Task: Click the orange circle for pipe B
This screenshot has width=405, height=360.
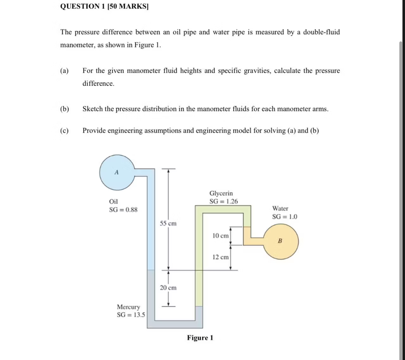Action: (281, 241)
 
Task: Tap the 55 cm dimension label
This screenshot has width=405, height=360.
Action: (168, 223)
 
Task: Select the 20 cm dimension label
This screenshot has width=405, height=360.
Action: (168, 288)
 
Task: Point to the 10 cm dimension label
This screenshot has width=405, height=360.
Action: (220, 236)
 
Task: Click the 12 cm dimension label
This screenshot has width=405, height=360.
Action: (220, 257)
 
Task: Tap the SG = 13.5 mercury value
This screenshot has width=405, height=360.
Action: (131, 315)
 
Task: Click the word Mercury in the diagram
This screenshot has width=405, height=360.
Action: (128, 307)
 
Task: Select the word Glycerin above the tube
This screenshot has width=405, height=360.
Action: (221, 193)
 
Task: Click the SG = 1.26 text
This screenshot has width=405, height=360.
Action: (223, 201)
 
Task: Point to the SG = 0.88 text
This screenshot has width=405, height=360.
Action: (123, 210)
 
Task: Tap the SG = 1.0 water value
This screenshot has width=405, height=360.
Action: (284, 217)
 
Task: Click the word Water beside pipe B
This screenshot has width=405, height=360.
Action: (280, 209)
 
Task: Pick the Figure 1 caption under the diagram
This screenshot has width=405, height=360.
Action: (200, 338)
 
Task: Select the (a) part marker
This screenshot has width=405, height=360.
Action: (64, 71)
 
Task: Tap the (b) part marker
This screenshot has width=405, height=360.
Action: (65, 109)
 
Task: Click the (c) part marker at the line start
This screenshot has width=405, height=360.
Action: (64, 131)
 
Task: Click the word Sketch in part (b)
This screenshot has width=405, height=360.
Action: (93, 109)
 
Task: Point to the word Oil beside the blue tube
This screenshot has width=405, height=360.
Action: (113, 201)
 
